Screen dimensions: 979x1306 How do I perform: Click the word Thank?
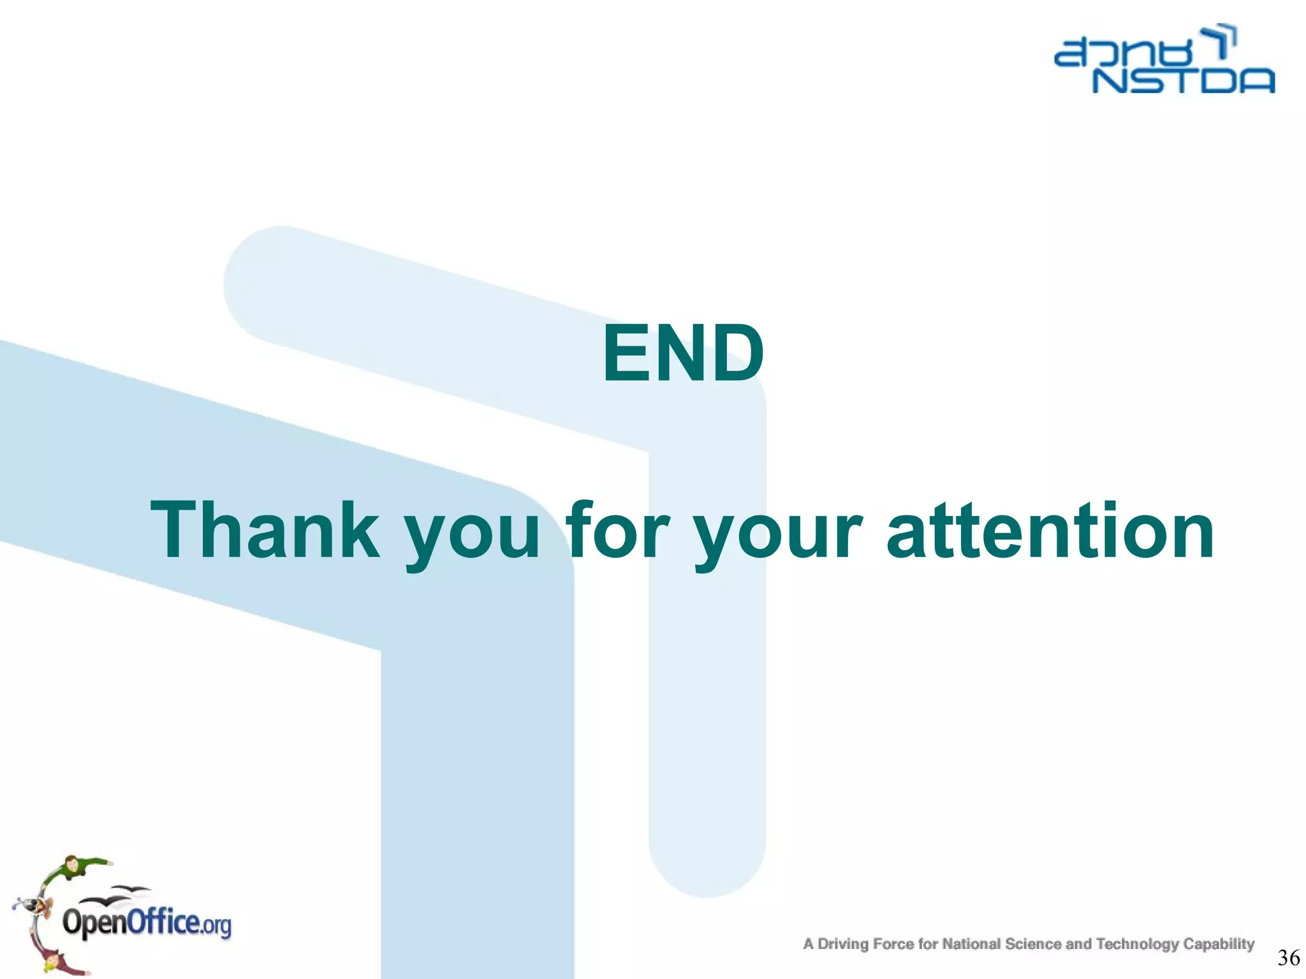tap(264, 531)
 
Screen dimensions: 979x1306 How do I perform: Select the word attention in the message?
tap(1050, 531)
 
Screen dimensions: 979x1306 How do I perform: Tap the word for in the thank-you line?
tap(617, 531)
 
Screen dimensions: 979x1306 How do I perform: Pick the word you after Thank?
tap(473, 536)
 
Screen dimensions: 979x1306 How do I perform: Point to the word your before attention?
tap(778, 536)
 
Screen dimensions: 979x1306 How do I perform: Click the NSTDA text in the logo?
tap(1184, 82)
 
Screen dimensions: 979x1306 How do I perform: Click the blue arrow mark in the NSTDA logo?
tap(1222, 41)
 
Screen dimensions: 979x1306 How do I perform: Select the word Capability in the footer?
tap(1219, 944)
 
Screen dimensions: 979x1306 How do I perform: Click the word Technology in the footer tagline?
tap(1137, 944)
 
